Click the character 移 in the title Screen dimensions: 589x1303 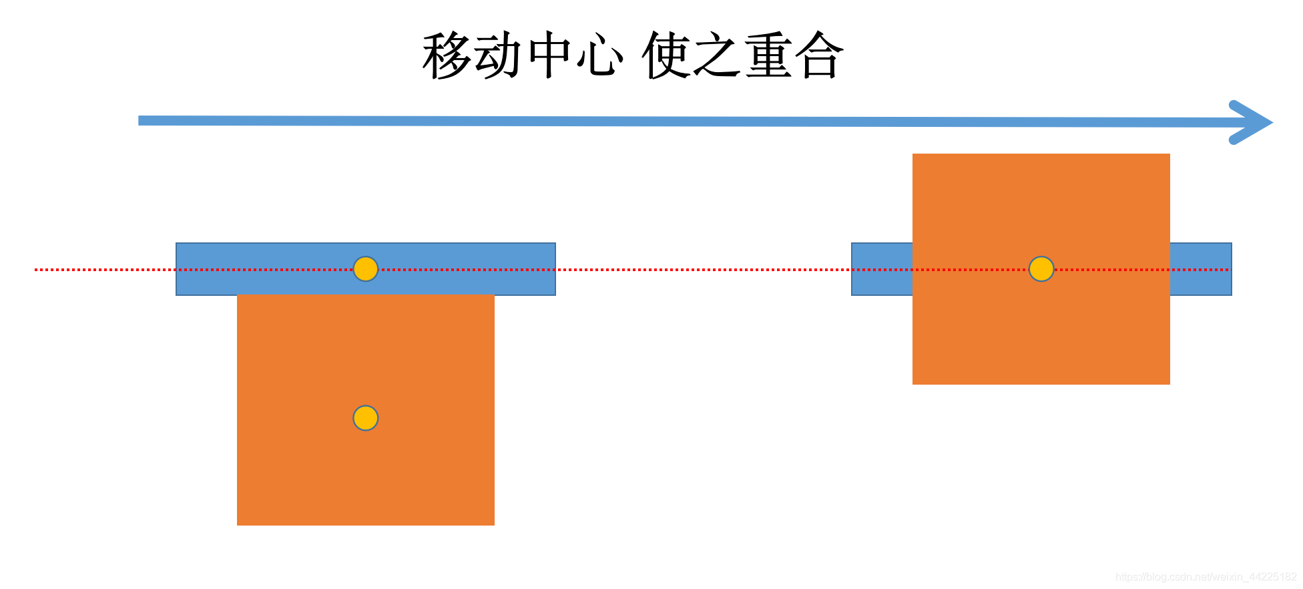447,56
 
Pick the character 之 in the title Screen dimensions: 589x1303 718,56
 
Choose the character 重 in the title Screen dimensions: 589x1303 769,56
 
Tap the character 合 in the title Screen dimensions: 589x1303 820,56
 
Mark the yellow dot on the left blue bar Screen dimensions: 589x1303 366,269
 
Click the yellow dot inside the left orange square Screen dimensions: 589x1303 366,418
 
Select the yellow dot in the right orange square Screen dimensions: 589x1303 1041,269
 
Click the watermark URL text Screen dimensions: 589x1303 1206,577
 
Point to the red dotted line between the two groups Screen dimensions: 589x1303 701,270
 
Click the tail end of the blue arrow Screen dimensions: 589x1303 144,120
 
